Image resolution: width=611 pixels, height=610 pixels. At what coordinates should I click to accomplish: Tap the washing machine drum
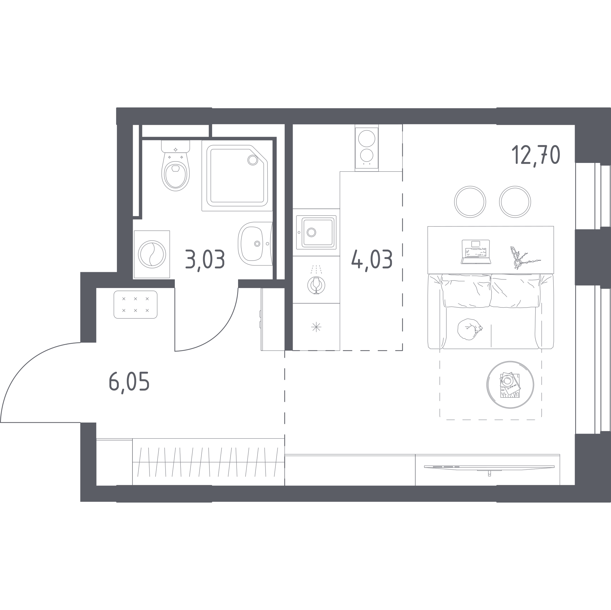click(152, 254)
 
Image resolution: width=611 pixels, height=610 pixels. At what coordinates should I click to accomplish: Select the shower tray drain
click(253, 160)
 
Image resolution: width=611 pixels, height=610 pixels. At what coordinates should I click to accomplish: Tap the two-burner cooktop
click(367, 148)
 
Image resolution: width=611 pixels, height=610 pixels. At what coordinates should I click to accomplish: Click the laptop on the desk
click(476, 252)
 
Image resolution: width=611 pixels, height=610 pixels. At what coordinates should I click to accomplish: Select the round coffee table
click(510, 385)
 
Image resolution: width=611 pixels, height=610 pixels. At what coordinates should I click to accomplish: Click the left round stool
click(470, 202)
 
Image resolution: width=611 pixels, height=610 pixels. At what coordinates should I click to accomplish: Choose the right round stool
click(515, 202)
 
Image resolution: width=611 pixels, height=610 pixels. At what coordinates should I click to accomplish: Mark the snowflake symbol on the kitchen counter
click(316, 327)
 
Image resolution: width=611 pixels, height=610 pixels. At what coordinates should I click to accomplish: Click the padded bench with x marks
click(135, 304)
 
